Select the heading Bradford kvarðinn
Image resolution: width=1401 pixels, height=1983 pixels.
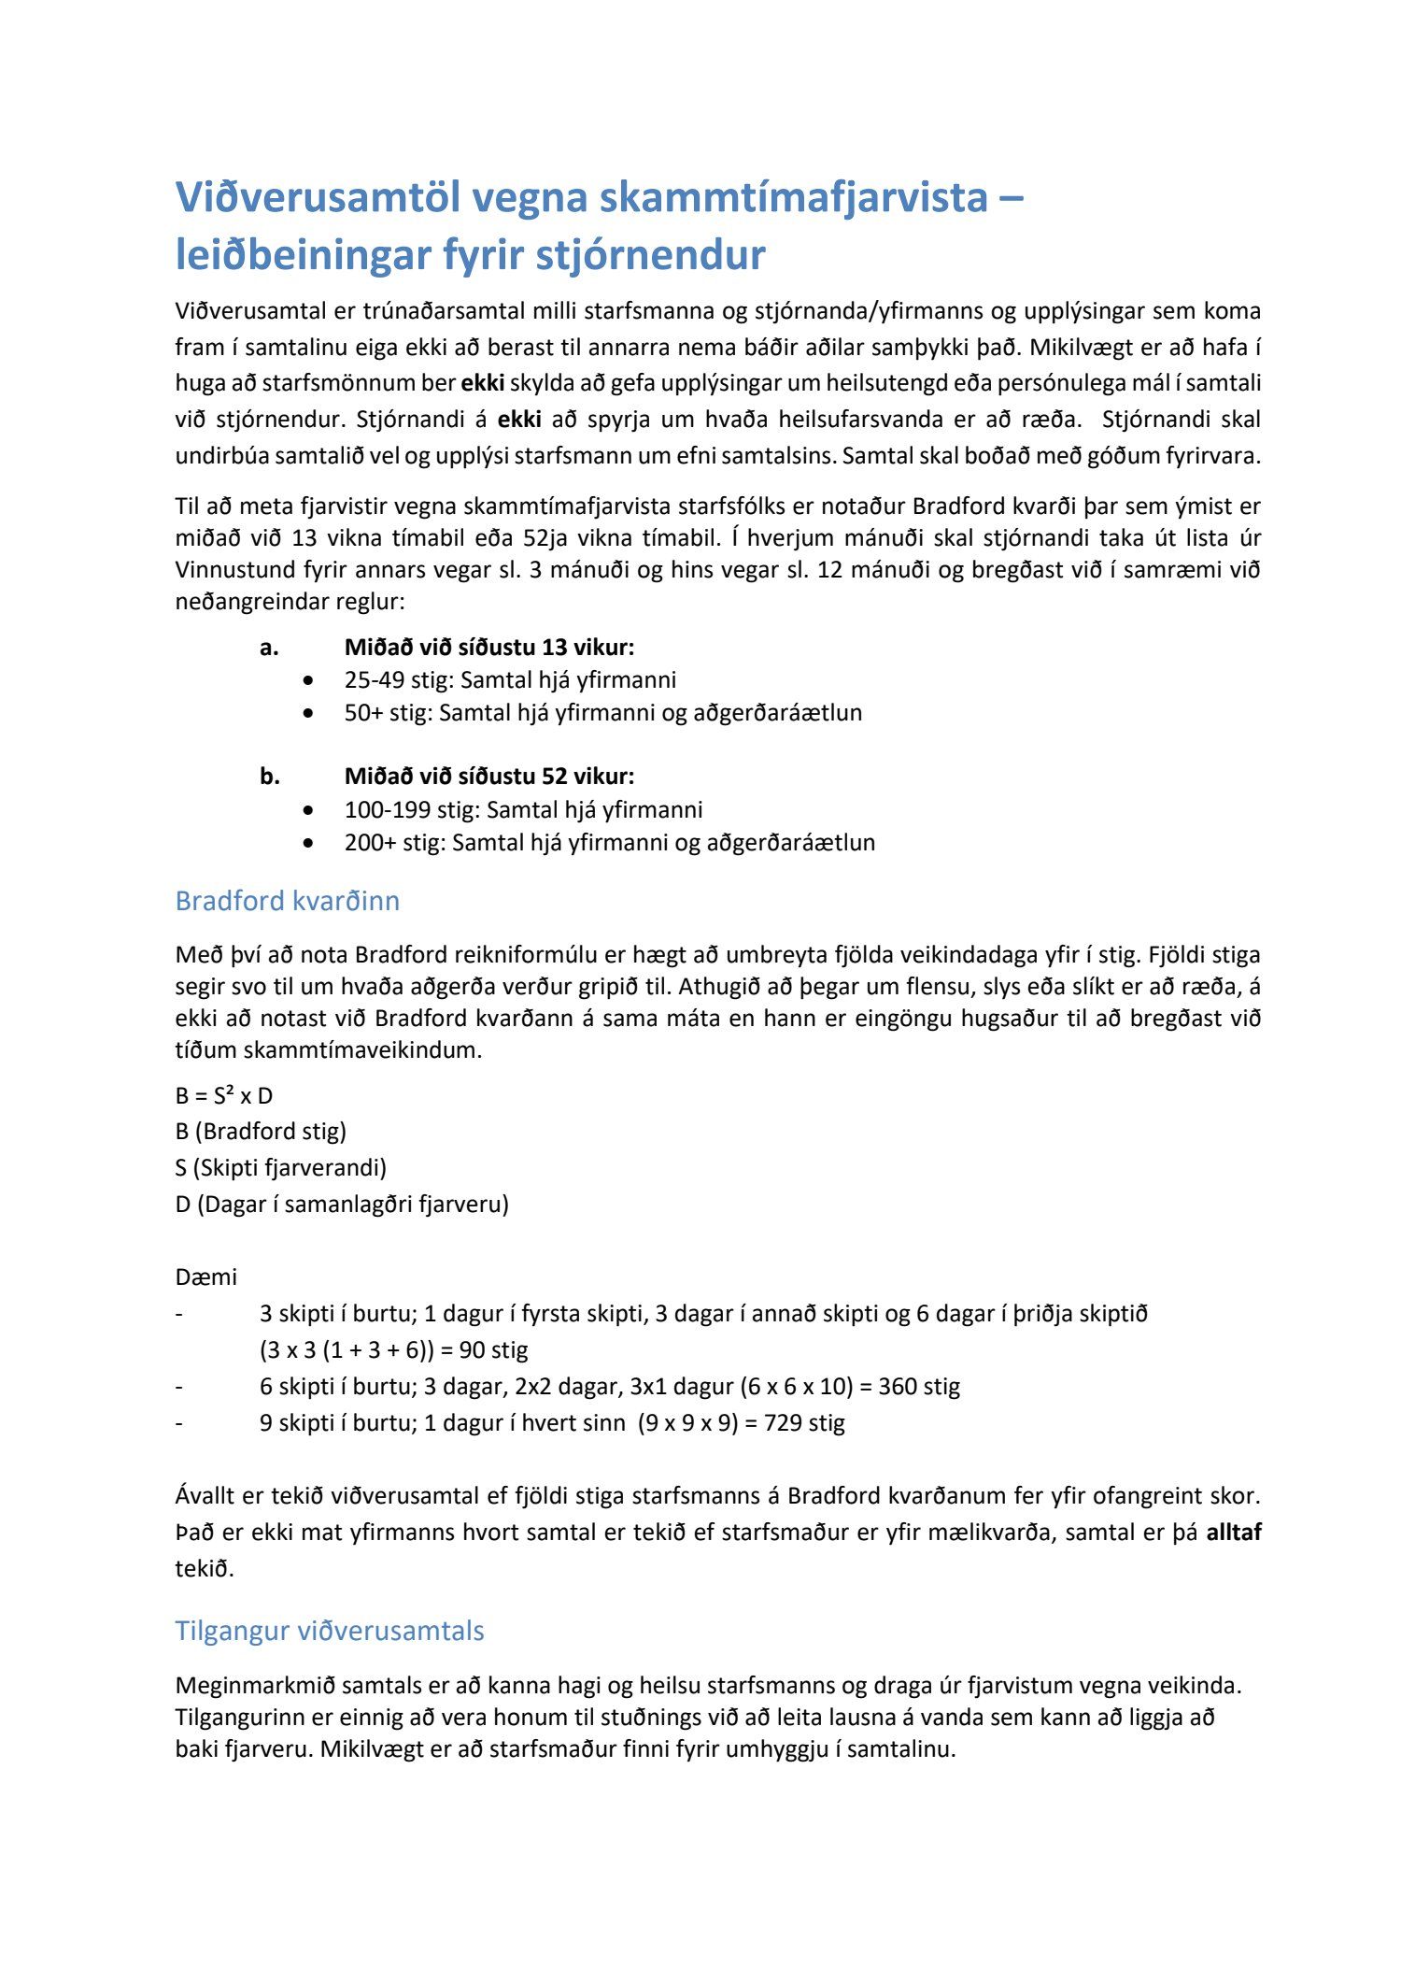288,901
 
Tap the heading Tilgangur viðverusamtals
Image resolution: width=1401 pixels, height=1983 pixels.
330,1631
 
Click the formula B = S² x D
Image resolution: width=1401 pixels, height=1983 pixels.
224,1095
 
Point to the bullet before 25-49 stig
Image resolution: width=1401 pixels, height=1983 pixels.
309,680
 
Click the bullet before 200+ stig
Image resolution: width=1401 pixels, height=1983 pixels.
309,843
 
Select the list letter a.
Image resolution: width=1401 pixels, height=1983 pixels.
269,647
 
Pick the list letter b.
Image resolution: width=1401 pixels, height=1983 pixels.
269,776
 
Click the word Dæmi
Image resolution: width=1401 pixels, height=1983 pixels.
206,1277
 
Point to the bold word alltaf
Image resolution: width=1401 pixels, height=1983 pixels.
1233,1532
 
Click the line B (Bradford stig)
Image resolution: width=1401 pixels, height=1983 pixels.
261,1131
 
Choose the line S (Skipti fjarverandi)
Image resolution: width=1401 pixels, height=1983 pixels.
280,1167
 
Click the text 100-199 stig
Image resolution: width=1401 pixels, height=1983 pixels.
411,809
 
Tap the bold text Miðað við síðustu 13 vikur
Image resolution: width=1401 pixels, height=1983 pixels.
488,647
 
